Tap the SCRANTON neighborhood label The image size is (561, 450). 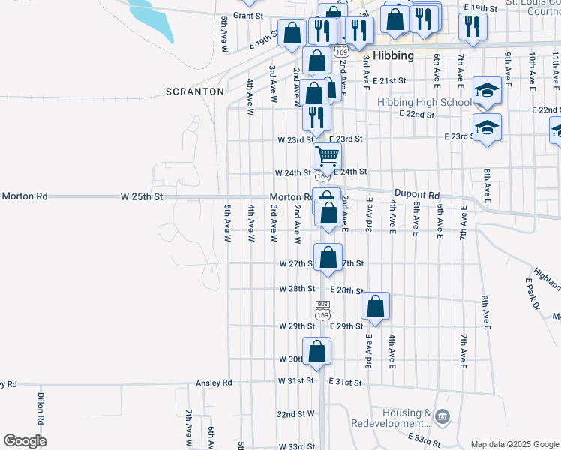point(195,91)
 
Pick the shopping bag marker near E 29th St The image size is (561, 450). point(376,306)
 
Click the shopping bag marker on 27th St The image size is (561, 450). point(328,257)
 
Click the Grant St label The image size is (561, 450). point(249,16)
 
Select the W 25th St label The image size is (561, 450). point(142,196)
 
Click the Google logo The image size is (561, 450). point(25,441)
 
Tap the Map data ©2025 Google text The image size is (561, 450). point(514,444)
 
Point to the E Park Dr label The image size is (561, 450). point(532,293)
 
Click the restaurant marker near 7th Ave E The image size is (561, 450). point(472,27)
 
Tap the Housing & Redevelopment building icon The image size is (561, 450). point(442,416)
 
